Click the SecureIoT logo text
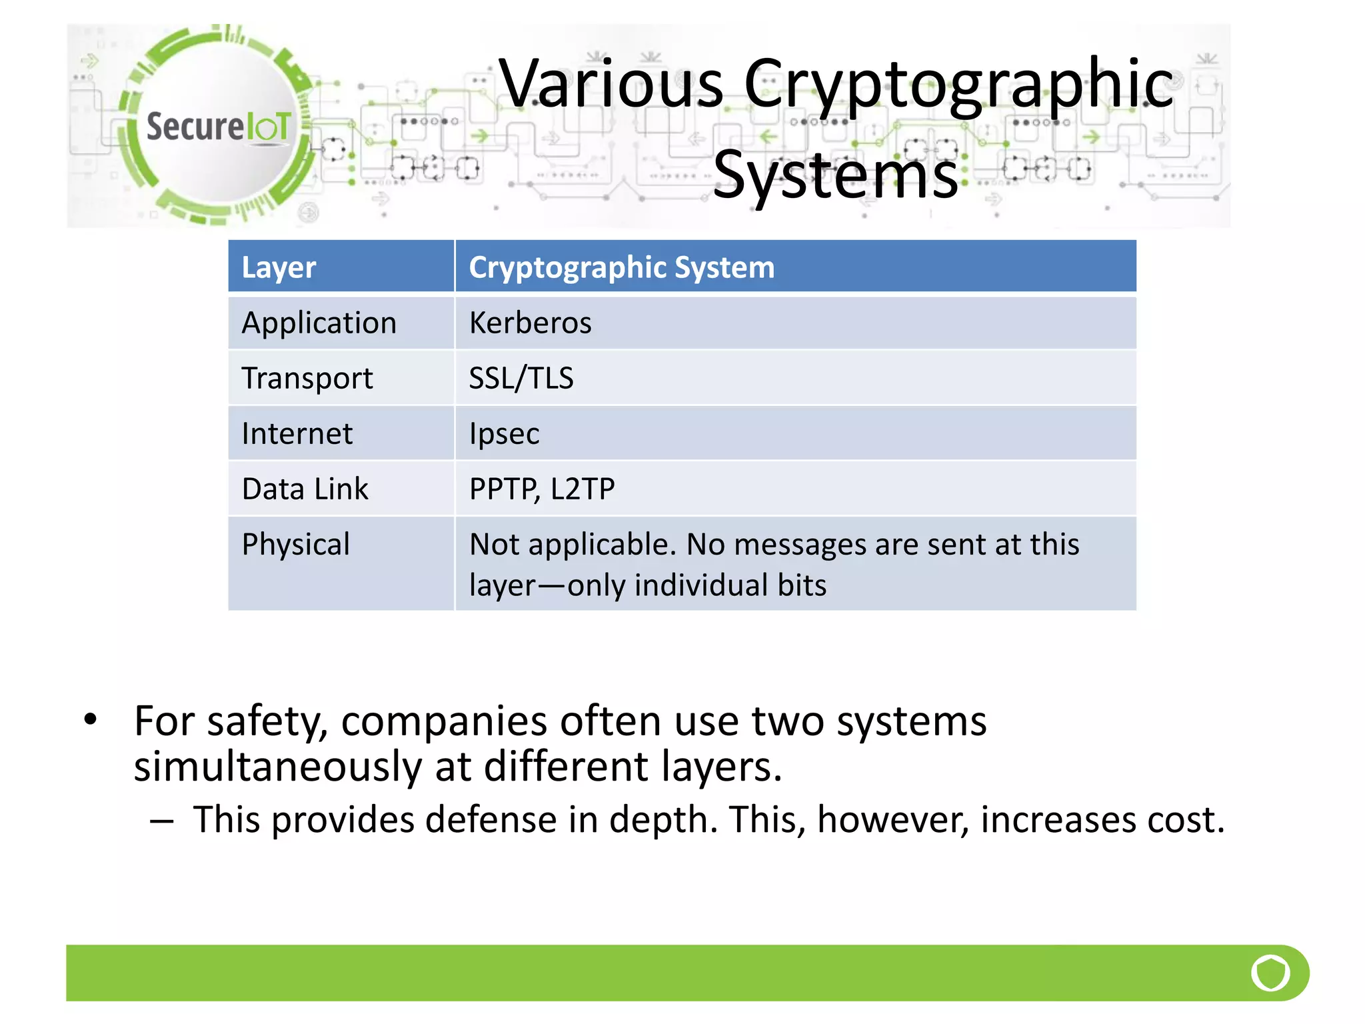[218, 127]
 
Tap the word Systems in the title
[835, 175]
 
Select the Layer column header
[279, 267]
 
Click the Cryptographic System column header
[621, 267]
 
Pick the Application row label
[319, 323]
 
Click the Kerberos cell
[530, 323]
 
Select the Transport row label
[307, 379]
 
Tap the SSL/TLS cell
[521, 379]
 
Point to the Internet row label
[297, 434]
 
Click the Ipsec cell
[504, 434]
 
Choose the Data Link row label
[305, 489]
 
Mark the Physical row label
[295, 545]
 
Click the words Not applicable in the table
[572, 545]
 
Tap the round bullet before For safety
[91, 719]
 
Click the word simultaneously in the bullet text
[277, 767]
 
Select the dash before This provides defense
[161, 821]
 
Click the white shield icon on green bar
[1270, 973]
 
